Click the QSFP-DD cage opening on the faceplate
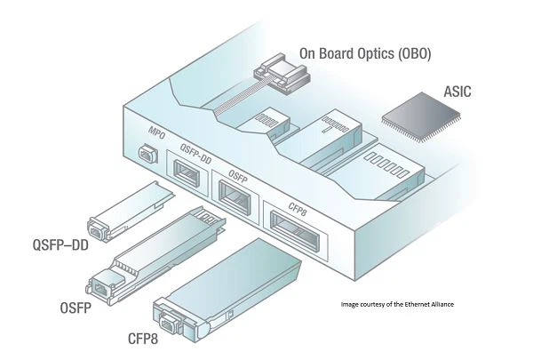[188, 172]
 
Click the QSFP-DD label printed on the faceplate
[194, 150]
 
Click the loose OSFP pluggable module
[155, 254]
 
